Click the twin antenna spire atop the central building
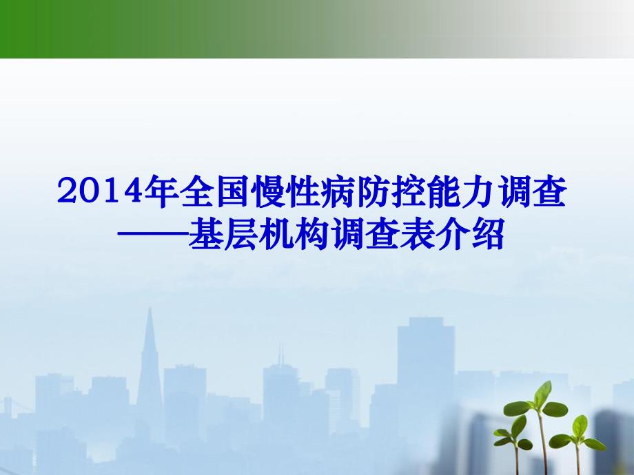(280, 355)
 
